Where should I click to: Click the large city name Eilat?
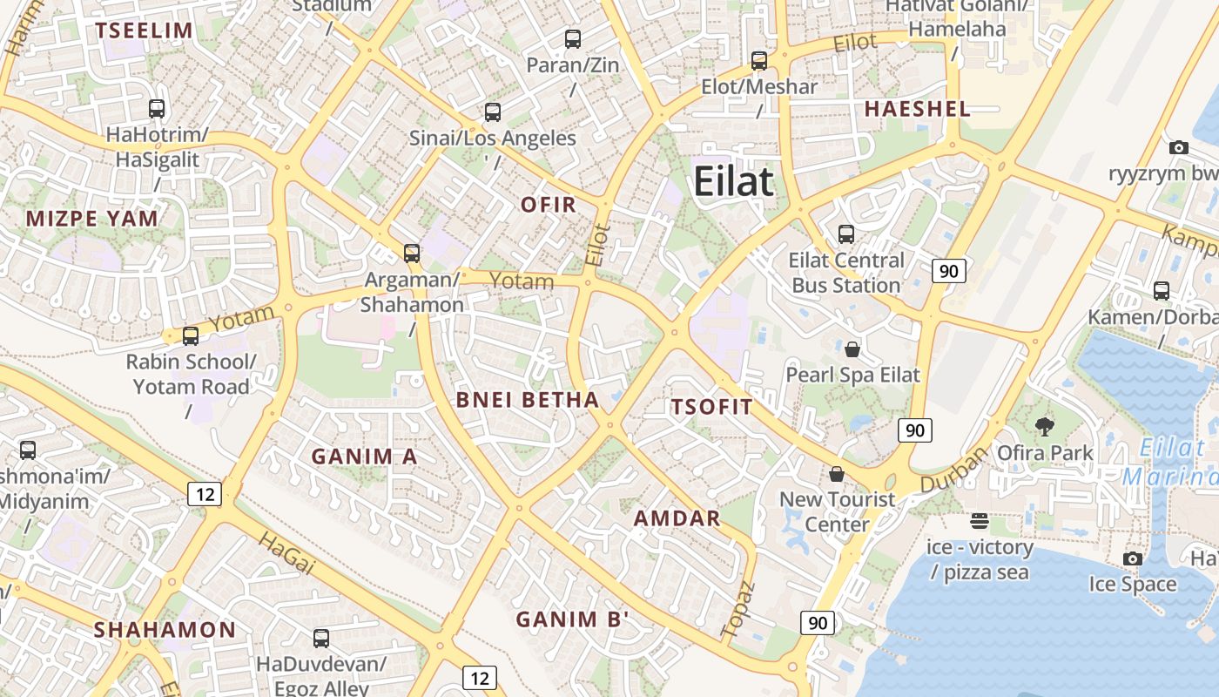click(x=734, y=182)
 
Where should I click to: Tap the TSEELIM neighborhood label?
click(x=145, y=30)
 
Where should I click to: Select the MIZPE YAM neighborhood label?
click(x=92, y=219)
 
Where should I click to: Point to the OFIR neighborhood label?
click(x=549, y=205)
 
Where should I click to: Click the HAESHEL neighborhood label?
click(x=917, y=109)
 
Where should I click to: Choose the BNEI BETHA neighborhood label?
click(x=528, y=400)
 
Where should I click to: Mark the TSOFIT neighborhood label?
click(x=711, y=407)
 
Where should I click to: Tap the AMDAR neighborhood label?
click(x=677, y=518)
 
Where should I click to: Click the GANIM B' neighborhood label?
click(x=572, y=619)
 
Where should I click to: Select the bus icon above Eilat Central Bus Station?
click(x=845, y=233)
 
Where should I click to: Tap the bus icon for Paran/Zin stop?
click(x=572, y=39)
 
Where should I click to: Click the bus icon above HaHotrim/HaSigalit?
click(x=157, y=109)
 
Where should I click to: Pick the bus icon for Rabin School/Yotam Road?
click(x=191, y=336)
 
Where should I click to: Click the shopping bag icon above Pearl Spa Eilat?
click(x=852, y=349)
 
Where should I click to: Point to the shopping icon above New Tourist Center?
click(x=837, y=474)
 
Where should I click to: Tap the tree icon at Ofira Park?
click(x=1044, y=426)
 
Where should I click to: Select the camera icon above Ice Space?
click(x=1132, y=558)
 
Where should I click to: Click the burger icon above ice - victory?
click(x=980, y=521)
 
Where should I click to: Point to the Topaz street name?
click(x=737, y=608)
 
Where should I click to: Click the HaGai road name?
click(x=286, y=552)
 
